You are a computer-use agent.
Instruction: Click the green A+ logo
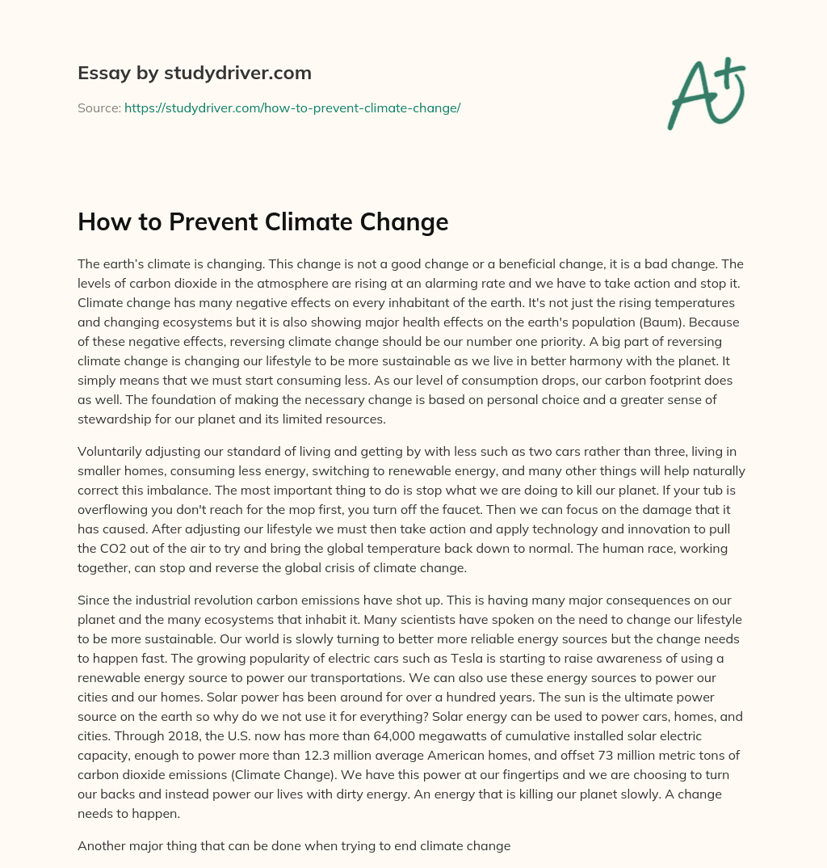point(705,94)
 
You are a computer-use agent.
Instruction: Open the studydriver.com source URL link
point(292,107)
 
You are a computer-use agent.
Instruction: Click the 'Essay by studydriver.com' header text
point(194,73)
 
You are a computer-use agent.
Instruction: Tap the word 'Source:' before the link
point(99,107)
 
